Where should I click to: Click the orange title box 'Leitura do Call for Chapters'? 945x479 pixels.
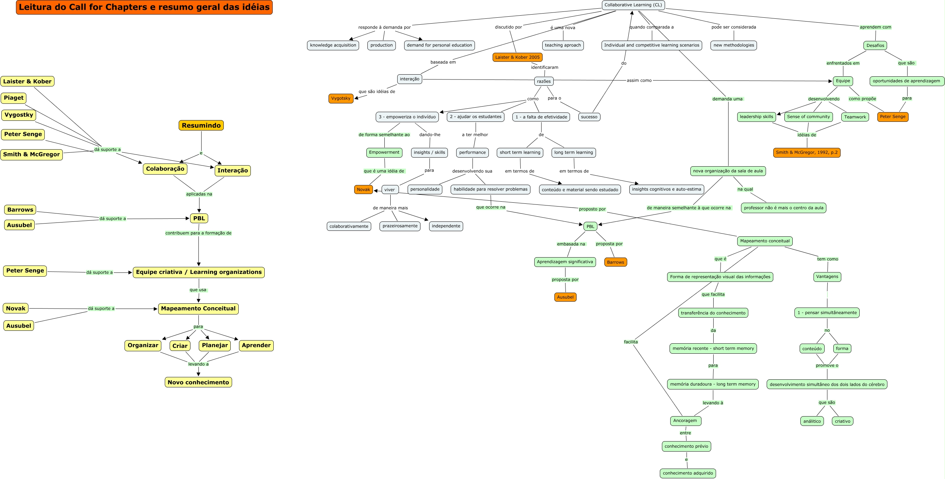point(144,7)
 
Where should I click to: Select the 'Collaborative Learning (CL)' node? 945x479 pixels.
point(633,5)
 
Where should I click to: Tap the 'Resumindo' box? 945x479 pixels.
point(201,126)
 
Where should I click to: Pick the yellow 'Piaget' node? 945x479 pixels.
point(14,98)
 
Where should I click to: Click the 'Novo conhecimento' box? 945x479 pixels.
point(198,383)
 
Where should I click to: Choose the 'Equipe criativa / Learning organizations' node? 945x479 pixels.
point(198,272)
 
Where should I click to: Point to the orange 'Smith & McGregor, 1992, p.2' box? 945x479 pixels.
point(807,153)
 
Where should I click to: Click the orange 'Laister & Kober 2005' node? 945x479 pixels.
point(517,57)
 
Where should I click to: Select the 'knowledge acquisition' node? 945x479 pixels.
point(333,45)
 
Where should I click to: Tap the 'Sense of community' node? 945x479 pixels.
point(808,117)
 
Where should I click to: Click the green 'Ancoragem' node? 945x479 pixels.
point(685,421)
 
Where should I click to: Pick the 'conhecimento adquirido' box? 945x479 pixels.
point(688,473)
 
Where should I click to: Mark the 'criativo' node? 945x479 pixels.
point(842,421)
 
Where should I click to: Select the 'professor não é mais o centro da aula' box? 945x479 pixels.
point(784,208)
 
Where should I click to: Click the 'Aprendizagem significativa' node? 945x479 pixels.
point(565,262)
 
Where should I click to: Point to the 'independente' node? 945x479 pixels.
point(446,226)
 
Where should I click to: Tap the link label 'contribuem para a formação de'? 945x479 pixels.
point(198,233)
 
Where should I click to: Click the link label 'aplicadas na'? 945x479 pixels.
point(199,194)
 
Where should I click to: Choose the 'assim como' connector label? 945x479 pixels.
point(639,81)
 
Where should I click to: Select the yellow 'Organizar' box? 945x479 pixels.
point(143,345)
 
